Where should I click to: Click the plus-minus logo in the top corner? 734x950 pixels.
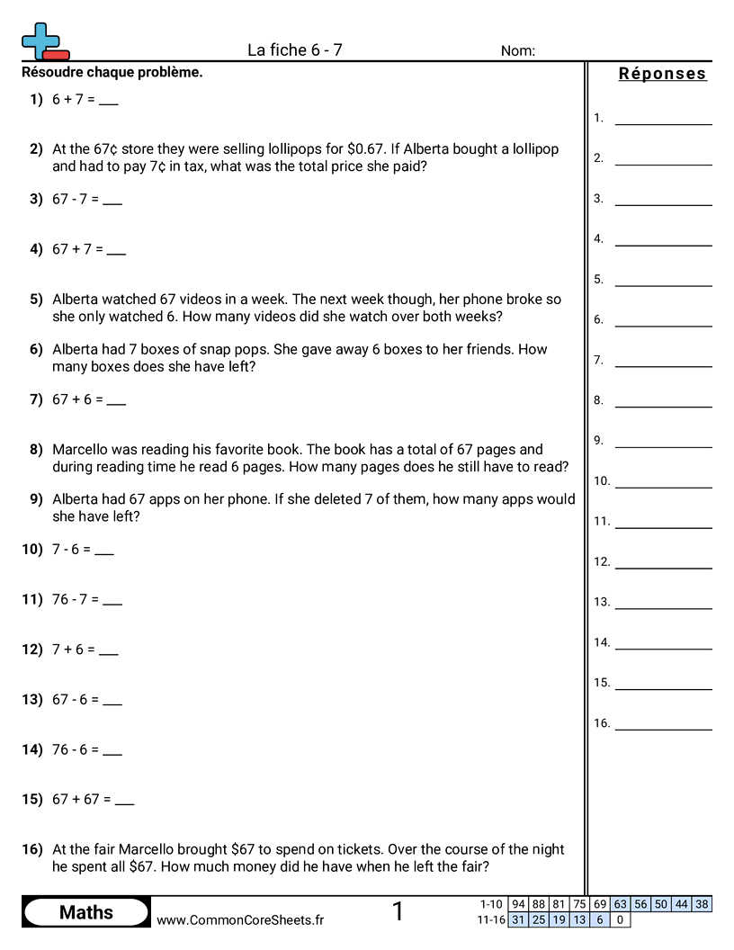[44, 41]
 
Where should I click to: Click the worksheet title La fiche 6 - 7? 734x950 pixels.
[294, 50]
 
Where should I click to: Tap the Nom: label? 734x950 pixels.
[518, 51]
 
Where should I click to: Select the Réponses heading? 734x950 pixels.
[662, 74]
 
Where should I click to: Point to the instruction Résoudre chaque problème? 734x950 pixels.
[112, 72]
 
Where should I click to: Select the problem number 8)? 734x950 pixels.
[36, 449]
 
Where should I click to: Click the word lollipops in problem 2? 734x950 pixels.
[273, 149]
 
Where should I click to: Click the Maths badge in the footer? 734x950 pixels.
[86, 912]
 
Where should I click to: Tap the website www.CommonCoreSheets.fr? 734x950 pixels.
[240, 919]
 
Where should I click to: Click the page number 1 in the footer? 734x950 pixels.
[398, 911]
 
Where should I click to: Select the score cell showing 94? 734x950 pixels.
[518, 904]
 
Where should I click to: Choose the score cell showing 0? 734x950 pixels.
[620, 919]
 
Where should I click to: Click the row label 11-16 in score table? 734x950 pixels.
[490, 919]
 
